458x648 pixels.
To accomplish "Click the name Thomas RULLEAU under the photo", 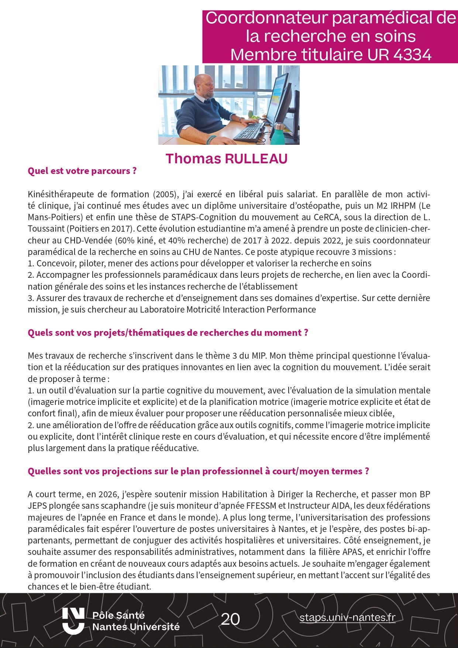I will click(226, 158).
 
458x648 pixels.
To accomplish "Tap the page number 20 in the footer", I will click(230, 619).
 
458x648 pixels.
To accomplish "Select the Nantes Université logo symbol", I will click(73, 621).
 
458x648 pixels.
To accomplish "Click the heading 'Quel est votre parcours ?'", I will click(82, 171).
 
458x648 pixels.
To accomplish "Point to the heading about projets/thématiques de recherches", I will click(168, 332).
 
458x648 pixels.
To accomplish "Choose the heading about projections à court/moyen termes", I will click(198, 471).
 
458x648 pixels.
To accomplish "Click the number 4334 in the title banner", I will click(412, 54).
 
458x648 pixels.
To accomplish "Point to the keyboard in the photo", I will click(249, 132).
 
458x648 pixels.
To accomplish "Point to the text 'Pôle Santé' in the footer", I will click(118, 615).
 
